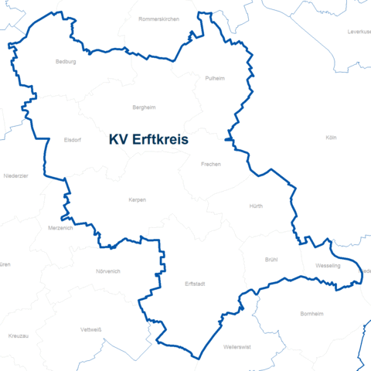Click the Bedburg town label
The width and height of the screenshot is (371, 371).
point(66,62)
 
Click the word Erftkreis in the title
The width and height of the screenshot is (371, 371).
point(165,141)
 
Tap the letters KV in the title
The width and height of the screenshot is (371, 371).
point(117,141)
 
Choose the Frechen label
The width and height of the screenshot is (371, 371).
point(210,165)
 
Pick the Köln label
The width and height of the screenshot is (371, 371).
point(332,138)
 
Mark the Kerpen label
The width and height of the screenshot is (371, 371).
point(137,200)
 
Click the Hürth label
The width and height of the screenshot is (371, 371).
point(256,207)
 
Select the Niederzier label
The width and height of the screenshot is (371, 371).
point(15,176)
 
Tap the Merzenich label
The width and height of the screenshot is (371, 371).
point(60,228)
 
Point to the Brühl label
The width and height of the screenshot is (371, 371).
point(271,260)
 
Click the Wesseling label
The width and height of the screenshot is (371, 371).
point(328,266)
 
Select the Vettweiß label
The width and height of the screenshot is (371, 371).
point(91,329)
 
